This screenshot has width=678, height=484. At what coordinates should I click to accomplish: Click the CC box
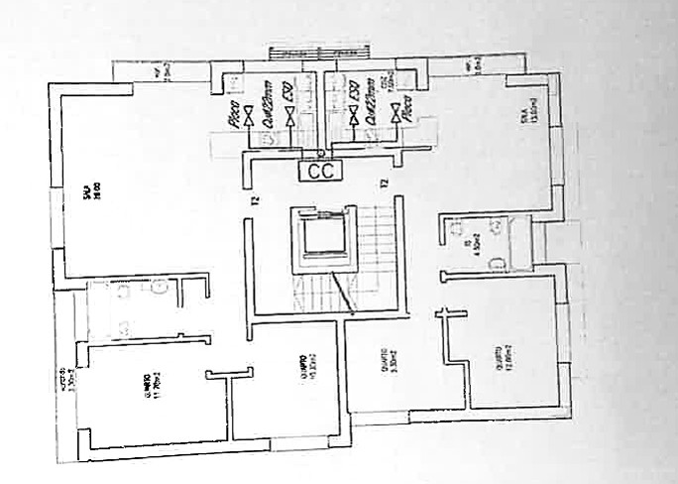click(321, 170)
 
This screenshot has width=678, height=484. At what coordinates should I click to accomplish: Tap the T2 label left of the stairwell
click(255, 199)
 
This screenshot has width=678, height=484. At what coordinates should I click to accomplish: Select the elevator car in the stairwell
click(322, 236)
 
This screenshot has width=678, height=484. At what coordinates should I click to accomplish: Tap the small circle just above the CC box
click(321, 153)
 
